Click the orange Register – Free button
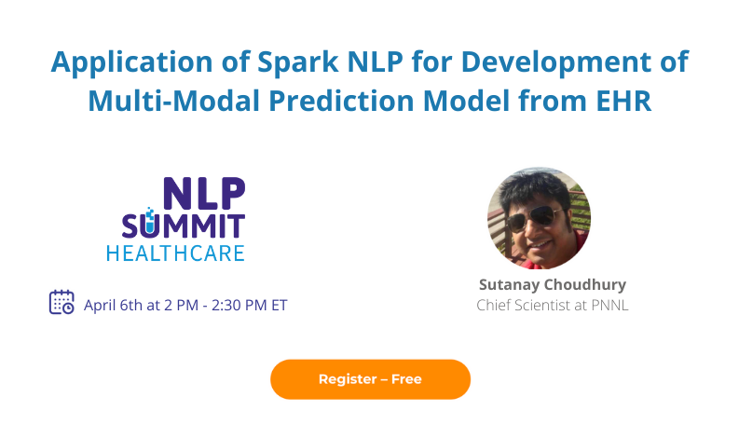pyautogui.click(x=370, y=379)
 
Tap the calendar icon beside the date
pyautogui.click(x=62, y=303)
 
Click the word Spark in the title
pyautogui.click(x=281, y=62)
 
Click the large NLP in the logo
pyautogui.click(x=203, y=193)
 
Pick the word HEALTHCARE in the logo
pyautogui.click(x=175, y=253)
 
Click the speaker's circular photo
pyautogui.click(x=539, y=218)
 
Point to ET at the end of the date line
pyautogui.click(x=279, y=305)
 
